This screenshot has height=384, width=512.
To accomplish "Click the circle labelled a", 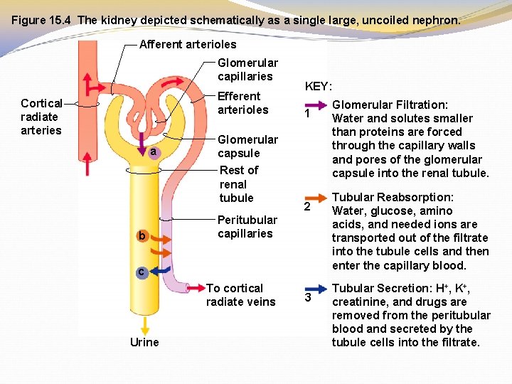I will click(x=151, y=152).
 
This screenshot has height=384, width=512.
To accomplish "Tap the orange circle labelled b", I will click(x=142, y=235).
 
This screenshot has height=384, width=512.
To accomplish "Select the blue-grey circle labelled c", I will click(x=142, y=272).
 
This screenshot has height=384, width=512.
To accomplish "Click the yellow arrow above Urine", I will click(x=145, y=326).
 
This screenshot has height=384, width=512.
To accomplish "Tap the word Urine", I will click(x=144, y=343).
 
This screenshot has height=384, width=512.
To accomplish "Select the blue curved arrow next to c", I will click(x=162, y=270).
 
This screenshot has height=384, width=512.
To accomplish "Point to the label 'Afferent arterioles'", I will click(x=188, y=44).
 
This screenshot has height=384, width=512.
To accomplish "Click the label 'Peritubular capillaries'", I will click(x=247, y=227).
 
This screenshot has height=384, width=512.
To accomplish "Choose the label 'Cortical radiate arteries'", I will click(x=41, y=117).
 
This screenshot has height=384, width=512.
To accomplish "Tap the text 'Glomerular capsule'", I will click(x=247, y=146).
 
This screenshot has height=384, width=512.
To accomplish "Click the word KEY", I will click(x=318, y=87).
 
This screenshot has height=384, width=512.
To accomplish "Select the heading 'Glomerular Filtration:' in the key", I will click(x=390, y=105).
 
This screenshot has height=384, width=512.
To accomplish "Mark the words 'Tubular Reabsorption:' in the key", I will click(x=393, y=197).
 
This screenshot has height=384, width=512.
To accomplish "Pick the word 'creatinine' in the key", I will click(x=361, y=302).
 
